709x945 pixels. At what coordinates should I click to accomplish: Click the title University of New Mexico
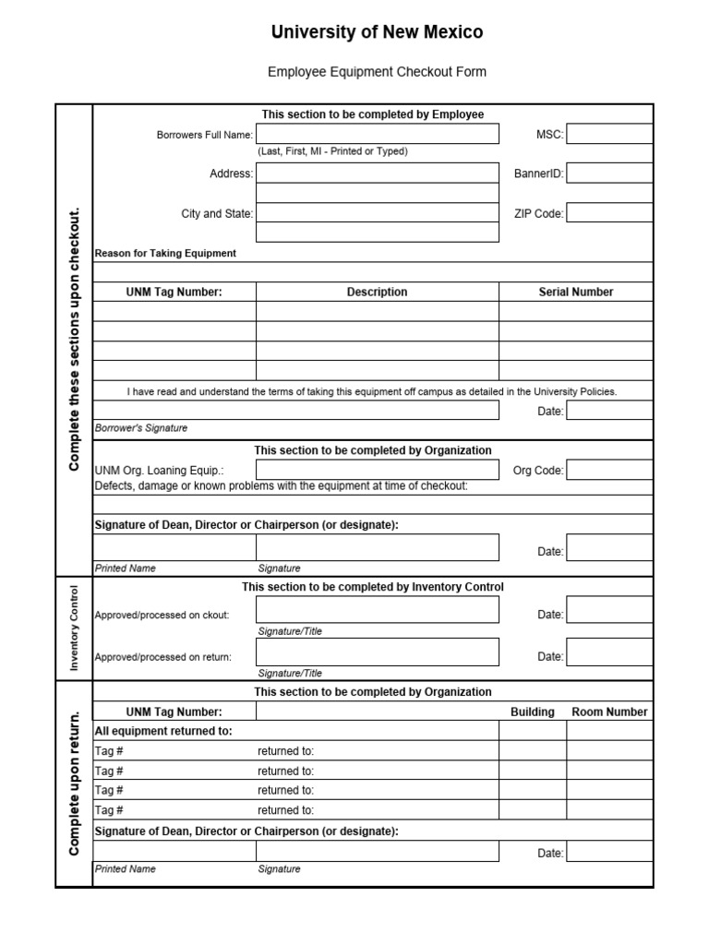(377, 32)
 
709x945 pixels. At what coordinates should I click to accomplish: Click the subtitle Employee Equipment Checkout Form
(377, 71)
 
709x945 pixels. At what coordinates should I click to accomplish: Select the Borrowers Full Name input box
(377, 135)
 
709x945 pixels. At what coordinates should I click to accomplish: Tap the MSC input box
(609, 135)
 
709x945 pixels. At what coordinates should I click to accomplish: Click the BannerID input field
(609, 173)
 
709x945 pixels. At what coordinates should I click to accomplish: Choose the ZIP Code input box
(609, 213)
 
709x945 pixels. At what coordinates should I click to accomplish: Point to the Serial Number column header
(576, 292)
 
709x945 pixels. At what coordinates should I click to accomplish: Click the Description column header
(377, 292)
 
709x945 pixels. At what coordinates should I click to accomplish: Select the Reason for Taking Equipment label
(165, 253)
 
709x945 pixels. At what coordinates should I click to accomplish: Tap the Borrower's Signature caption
(141, 428)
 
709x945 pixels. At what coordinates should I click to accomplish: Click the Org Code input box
(609, 470)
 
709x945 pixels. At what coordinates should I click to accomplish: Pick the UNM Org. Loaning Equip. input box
(377, 470)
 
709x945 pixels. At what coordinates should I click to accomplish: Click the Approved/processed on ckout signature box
(377, 610)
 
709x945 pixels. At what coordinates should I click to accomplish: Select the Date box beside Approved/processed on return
(609, 652)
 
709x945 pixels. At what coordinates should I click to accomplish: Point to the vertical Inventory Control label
(74, 628)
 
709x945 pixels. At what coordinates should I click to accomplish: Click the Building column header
(533, 712)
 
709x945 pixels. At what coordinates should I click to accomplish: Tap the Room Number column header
(609, 712)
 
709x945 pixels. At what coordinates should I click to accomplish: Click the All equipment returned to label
(163, 731)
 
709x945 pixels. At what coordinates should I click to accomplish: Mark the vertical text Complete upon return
(74, 783)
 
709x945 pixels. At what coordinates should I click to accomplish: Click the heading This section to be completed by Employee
(373, 114)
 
